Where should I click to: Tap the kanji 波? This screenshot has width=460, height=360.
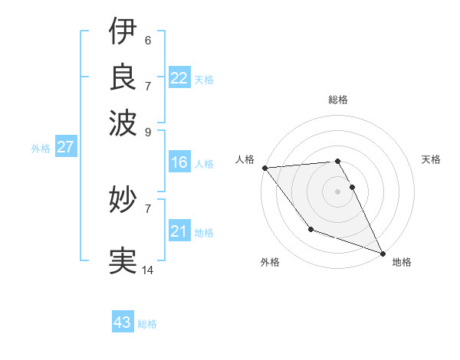(123, 120)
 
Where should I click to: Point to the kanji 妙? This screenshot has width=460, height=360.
(123, 200)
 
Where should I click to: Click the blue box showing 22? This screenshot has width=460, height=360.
(179, 78)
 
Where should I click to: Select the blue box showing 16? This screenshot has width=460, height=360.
(179, 162)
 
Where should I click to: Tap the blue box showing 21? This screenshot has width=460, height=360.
(179, 231)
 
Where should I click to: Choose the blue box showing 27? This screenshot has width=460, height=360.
(65, 147)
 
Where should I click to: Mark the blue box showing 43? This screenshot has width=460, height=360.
(123, 322)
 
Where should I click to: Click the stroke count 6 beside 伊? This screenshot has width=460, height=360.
(147, 41)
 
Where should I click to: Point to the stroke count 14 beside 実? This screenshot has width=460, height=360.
(148, 270)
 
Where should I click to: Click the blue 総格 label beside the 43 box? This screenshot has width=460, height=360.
(147, 324)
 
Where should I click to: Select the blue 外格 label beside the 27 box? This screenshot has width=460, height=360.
(41, 149)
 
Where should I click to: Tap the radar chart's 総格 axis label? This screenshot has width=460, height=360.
(338, 100)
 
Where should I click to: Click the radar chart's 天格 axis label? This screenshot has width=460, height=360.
(432, 159)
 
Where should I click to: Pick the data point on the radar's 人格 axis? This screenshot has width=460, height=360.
(264, 168)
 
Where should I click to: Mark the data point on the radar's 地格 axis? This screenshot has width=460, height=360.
(382, 252)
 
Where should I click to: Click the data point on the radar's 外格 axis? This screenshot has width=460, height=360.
(310, 229)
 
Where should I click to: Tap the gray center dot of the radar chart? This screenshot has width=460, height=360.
(338, 191)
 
